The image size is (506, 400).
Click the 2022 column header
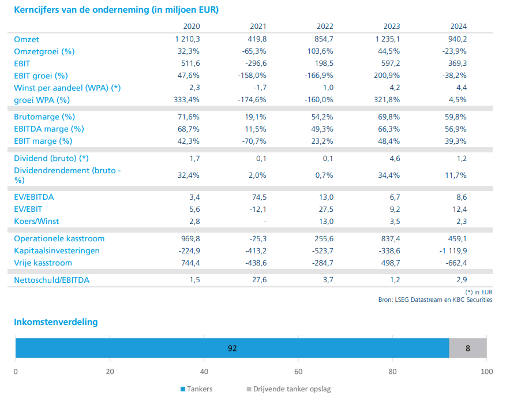click(x=325, y=26)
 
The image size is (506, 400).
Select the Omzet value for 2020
click(x=188, y=39)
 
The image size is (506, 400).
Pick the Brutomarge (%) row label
click(x=44, y=117)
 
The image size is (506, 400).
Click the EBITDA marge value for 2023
click(x=389, y=129)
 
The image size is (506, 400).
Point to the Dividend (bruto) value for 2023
click(x=395, y=159)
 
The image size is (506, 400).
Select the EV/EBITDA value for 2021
click(x=258, y=197)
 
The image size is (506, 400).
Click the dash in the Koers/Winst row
click(x=265, y=222)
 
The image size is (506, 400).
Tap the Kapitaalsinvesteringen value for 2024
click(x=453, y=251)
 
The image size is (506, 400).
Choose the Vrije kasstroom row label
click(x=43, y=263)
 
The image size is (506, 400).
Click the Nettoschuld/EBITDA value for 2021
click(x=259, y=280)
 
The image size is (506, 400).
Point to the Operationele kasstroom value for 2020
click(x=190, y=238)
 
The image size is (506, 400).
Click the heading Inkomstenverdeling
click(x=56, y=322)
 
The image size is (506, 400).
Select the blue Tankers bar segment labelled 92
click(x=233, y=348)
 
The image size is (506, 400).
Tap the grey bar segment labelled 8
click(x=468, y=348)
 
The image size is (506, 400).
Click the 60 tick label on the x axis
click(x=298, y=372)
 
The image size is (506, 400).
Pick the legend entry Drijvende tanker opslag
click(x=289, y=389)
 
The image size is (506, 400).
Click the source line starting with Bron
click(x=436, y=300)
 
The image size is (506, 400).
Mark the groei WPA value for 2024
click(x=458, y=100)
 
